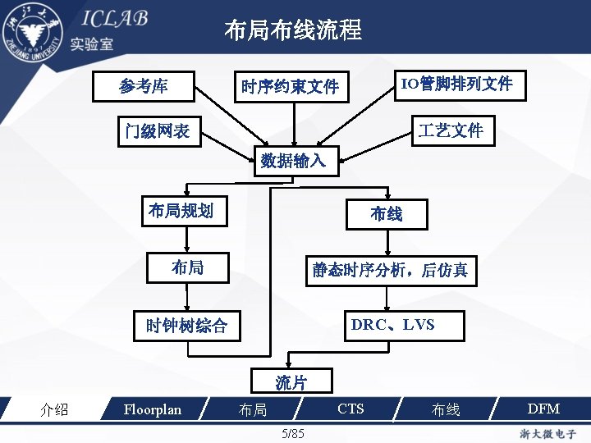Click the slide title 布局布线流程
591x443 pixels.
pyautogui.click(x=293, y=31)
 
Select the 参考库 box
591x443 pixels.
pyautogui.click(x=144, y=84)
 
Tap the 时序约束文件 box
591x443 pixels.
pyautogui.click(x=290, y=86)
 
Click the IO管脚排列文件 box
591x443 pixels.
pyautogui.click(x=456, y=84)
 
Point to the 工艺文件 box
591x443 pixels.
pyautogui.click(x=451, y=130)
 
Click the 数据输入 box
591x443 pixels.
pyautogui.click(x=293, y=160)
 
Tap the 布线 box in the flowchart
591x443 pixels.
pyautogui.click(x=387, y=214)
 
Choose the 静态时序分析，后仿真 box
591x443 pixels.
pyautogui.click(x=389, y=270)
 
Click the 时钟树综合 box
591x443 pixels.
pyautogui.click(x=186, y=326)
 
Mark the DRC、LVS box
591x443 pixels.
pyautogui.click(x=393, y=325)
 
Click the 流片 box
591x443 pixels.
pyautogui.click(x=291, y=381)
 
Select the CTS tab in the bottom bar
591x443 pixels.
pyautogui.click(x=350, y=409)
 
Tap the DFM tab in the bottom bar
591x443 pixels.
pyautogui.click(x=543, y=409)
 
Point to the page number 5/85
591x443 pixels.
pyautogui.click(x=292, y=432)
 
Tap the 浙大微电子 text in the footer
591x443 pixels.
pyautogui.click(x=546, y=432)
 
